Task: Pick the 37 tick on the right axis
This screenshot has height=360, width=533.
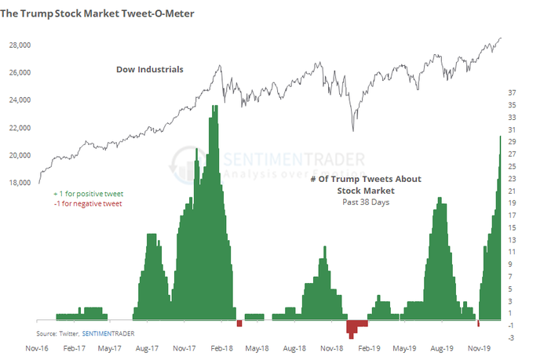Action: [x=511, y=93]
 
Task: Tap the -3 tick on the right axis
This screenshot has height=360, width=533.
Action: [x=511, y=337]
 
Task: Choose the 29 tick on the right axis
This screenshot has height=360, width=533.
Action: [x=511, y=142]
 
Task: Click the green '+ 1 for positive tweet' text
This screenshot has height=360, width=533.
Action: [x=89, y=193]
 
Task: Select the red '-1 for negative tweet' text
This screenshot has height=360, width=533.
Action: [x=89, y=204]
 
